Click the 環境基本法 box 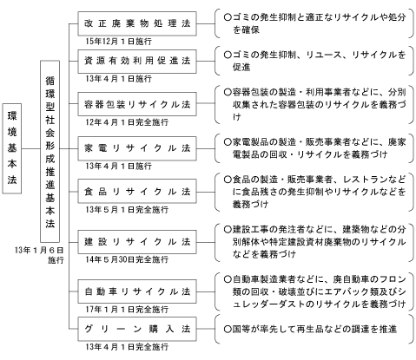click(12, 148)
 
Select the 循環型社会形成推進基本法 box click(50, 151)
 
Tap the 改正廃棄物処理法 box click(137, 23)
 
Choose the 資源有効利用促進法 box click(137, 61)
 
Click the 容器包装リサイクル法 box click(137, 104)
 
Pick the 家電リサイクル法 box click(137, 148)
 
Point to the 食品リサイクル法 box click(137, 192)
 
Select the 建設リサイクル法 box click(137, 242)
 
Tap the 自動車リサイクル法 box click(137, 291)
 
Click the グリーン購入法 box click(137, 329)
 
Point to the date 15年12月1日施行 click(118, 42)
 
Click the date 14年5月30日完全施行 click(127, 259)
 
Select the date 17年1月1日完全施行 click(127, 309)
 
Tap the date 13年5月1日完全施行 click(127, 209)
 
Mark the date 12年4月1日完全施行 click(127, 122)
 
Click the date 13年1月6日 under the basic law click(39, 250)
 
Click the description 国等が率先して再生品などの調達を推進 click(310, 329)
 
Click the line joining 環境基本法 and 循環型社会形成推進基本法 click(30, 148)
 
